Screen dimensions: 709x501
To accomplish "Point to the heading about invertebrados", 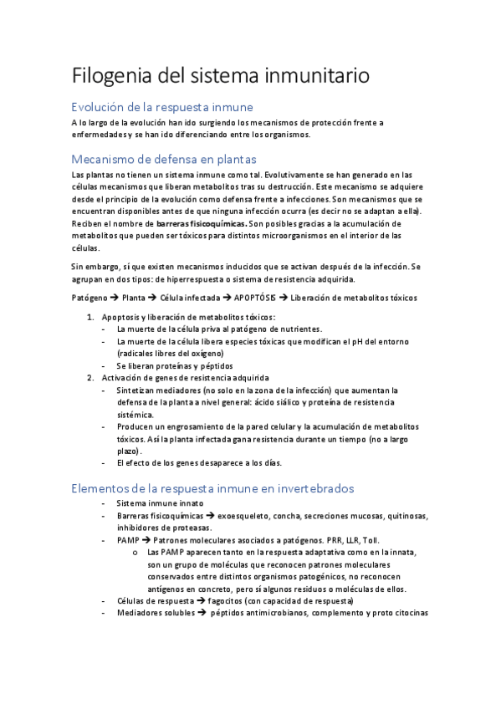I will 213,488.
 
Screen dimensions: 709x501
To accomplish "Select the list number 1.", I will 91,318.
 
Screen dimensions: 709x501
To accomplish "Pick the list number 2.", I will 91,378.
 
